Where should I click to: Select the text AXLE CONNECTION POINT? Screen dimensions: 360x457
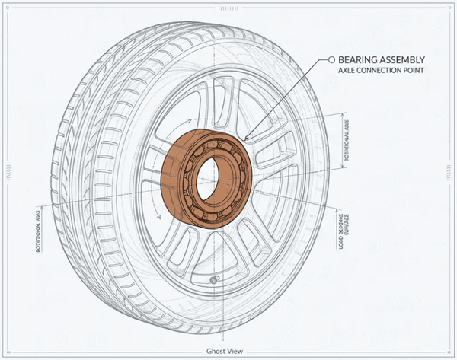click(381, 71)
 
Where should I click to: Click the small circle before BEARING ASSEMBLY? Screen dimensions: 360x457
click(331, 59)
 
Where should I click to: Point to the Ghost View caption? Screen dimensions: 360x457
click(225, 351)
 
